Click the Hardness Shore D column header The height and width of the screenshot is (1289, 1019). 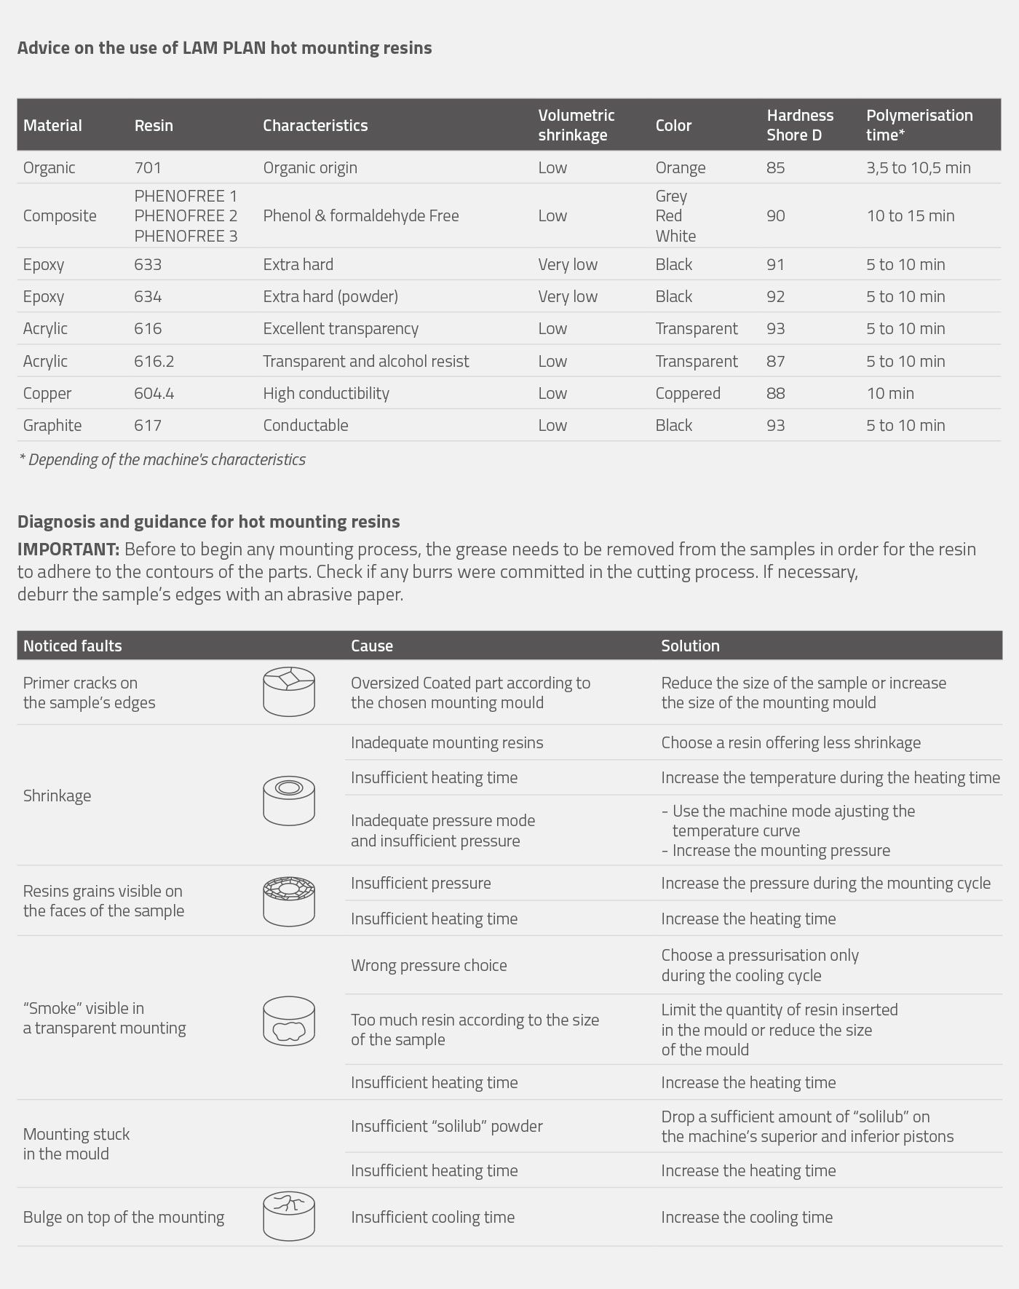click(799, 125)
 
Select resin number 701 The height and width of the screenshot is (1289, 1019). click(148, 168)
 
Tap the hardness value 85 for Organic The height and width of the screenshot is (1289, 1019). click(775, 168)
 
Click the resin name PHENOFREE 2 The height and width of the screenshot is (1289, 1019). click(186, 216)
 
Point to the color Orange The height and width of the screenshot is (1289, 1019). click(680, 168)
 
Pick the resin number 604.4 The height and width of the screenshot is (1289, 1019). click(154, 394)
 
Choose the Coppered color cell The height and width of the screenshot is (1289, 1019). click(687, 394)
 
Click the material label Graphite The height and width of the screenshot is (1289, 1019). click(52, 426)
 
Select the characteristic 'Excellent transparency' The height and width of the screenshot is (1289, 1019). click(341, 329)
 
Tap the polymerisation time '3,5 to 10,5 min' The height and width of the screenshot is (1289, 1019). click(918, 168)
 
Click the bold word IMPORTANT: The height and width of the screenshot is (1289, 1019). click(68, 550)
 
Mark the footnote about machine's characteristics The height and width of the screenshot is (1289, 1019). click(162, 460)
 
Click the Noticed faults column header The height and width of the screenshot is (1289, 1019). click(72, 646)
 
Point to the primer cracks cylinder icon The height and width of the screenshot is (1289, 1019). click(289, 691)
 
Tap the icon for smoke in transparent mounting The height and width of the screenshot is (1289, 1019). click(289, 1020)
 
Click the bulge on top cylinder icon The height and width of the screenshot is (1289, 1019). click(289, 1215)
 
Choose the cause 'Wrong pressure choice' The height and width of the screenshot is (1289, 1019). click(429, 966)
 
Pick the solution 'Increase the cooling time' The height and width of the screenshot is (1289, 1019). click(746, 1218)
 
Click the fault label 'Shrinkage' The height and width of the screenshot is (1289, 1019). click(57, 796)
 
